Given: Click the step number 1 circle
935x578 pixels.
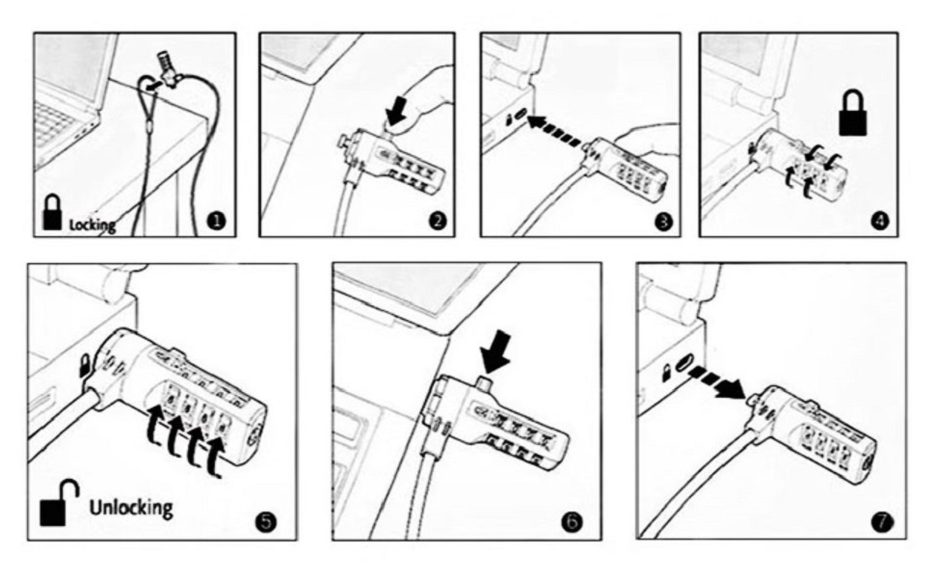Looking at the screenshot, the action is (x=217, y=221).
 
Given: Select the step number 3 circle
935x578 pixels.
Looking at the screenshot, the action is (x=663, y=222).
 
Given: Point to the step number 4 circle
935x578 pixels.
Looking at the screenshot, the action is (x=879, y=221).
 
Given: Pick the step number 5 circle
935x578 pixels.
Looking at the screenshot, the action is (x=266, y=522).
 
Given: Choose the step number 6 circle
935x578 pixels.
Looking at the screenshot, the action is (x=572, y=522).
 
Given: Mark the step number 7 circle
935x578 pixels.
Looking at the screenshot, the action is (x=882, y=522).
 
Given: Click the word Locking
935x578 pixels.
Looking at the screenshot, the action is (x=93, y=224).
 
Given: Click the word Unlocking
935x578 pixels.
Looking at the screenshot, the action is (x=131, y=508).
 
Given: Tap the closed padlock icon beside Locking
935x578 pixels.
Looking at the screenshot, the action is (x=52, y=212).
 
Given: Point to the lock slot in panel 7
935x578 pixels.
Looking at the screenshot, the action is (x=683, y=361).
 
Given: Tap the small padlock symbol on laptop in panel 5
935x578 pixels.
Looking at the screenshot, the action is (x=85, y=365).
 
